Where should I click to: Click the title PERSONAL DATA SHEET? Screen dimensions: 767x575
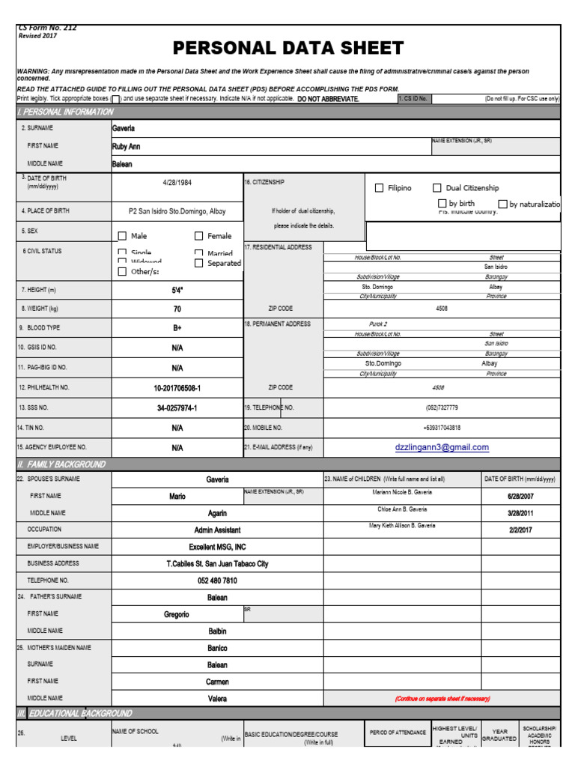(x=288, y=49)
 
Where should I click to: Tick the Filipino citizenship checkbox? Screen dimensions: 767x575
(x=379, y=188)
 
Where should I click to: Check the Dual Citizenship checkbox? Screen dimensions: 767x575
(x=437, y=188)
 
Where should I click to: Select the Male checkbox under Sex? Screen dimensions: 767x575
(x=122, y=236)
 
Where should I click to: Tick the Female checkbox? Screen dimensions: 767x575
(x=199, y=236)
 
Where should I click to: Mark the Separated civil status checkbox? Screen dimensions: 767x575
(x=199, y=264)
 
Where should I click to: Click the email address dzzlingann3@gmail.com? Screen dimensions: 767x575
(x=442, y=447)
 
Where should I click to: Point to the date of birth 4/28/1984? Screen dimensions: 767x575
(x=177, y=182)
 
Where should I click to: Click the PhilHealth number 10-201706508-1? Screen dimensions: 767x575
(x=177, y=388)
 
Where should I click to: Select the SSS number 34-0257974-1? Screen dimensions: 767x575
(x=177, y=408)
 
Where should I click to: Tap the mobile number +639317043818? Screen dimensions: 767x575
(x=441, y=428)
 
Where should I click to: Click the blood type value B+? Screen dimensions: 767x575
(x=177, y=328)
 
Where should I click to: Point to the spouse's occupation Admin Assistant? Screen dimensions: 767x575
(x=217, y=530)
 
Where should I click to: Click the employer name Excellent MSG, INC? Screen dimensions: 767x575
(x=217, y=547)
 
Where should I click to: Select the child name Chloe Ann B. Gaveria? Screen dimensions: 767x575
(x=402, y=509)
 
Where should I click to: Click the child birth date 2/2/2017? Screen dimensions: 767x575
(x=520, y=529)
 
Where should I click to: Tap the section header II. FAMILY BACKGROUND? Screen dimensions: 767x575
(x=61, y=464)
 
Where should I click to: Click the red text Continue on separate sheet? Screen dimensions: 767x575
(x=442, y=699)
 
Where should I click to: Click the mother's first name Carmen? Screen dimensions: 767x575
(x=217, y=682)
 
